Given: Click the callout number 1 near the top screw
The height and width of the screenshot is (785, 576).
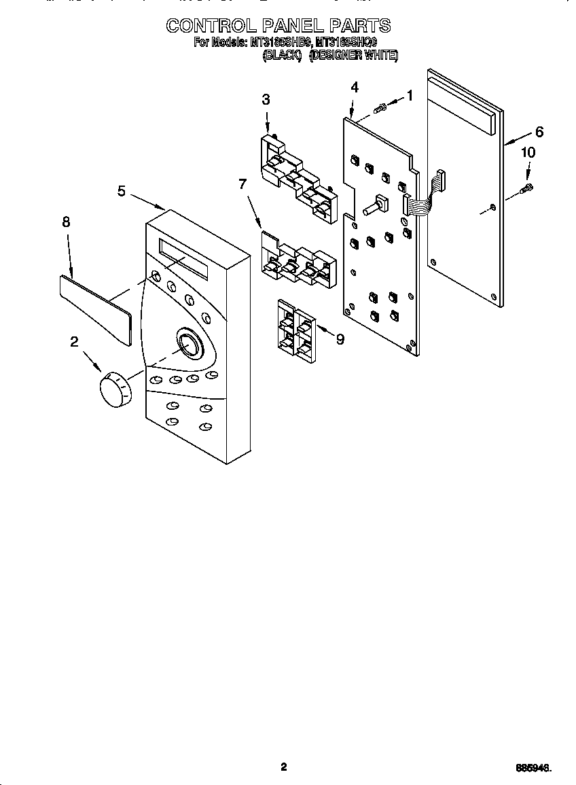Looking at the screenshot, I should [x=410, y=96].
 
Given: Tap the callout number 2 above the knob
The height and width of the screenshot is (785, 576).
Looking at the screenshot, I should [x=74, y=342].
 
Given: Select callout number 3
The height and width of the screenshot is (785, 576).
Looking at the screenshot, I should [x=266, y=99].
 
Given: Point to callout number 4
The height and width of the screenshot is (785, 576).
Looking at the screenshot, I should [x=355, y=87].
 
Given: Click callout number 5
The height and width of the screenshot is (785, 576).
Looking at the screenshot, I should [x=121, y=191].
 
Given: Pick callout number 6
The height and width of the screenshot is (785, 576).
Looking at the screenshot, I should [x=539, y=132].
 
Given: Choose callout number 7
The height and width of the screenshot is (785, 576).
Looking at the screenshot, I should [x=241, y=183].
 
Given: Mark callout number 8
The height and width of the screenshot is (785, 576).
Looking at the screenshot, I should [x=66, y=222].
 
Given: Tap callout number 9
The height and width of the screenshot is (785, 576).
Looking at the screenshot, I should [x=340, y=339].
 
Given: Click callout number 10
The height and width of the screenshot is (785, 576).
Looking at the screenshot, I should [x=528, y=153].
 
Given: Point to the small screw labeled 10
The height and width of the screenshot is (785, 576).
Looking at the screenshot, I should [x=527, y=187].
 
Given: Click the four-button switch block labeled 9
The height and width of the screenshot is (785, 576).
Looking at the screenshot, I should [x=295, y=329].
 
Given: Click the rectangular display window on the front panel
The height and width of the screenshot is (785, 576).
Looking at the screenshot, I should [x=183, y=258].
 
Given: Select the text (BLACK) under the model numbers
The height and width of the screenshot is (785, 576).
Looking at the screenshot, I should [x=282, y=56].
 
